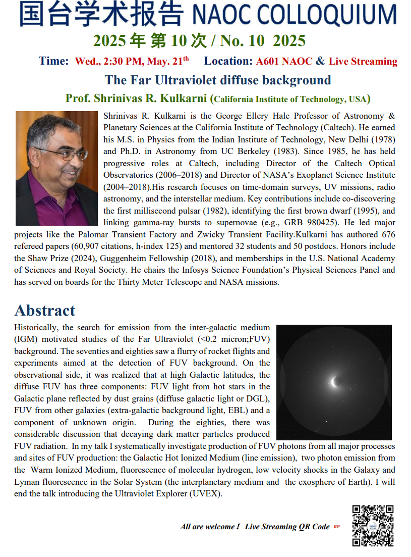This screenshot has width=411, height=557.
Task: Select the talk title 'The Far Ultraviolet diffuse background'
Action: pos(218,80)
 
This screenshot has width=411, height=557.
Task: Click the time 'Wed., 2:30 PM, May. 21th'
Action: pos(132,62)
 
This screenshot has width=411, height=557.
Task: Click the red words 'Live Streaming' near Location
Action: pos(363,62)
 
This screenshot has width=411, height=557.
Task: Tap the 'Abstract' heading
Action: pos(45,310)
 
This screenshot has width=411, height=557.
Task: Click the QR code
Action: pos(373,526)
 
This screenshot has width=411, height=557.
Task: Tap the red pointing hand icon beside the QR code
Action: pos(337,527)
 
